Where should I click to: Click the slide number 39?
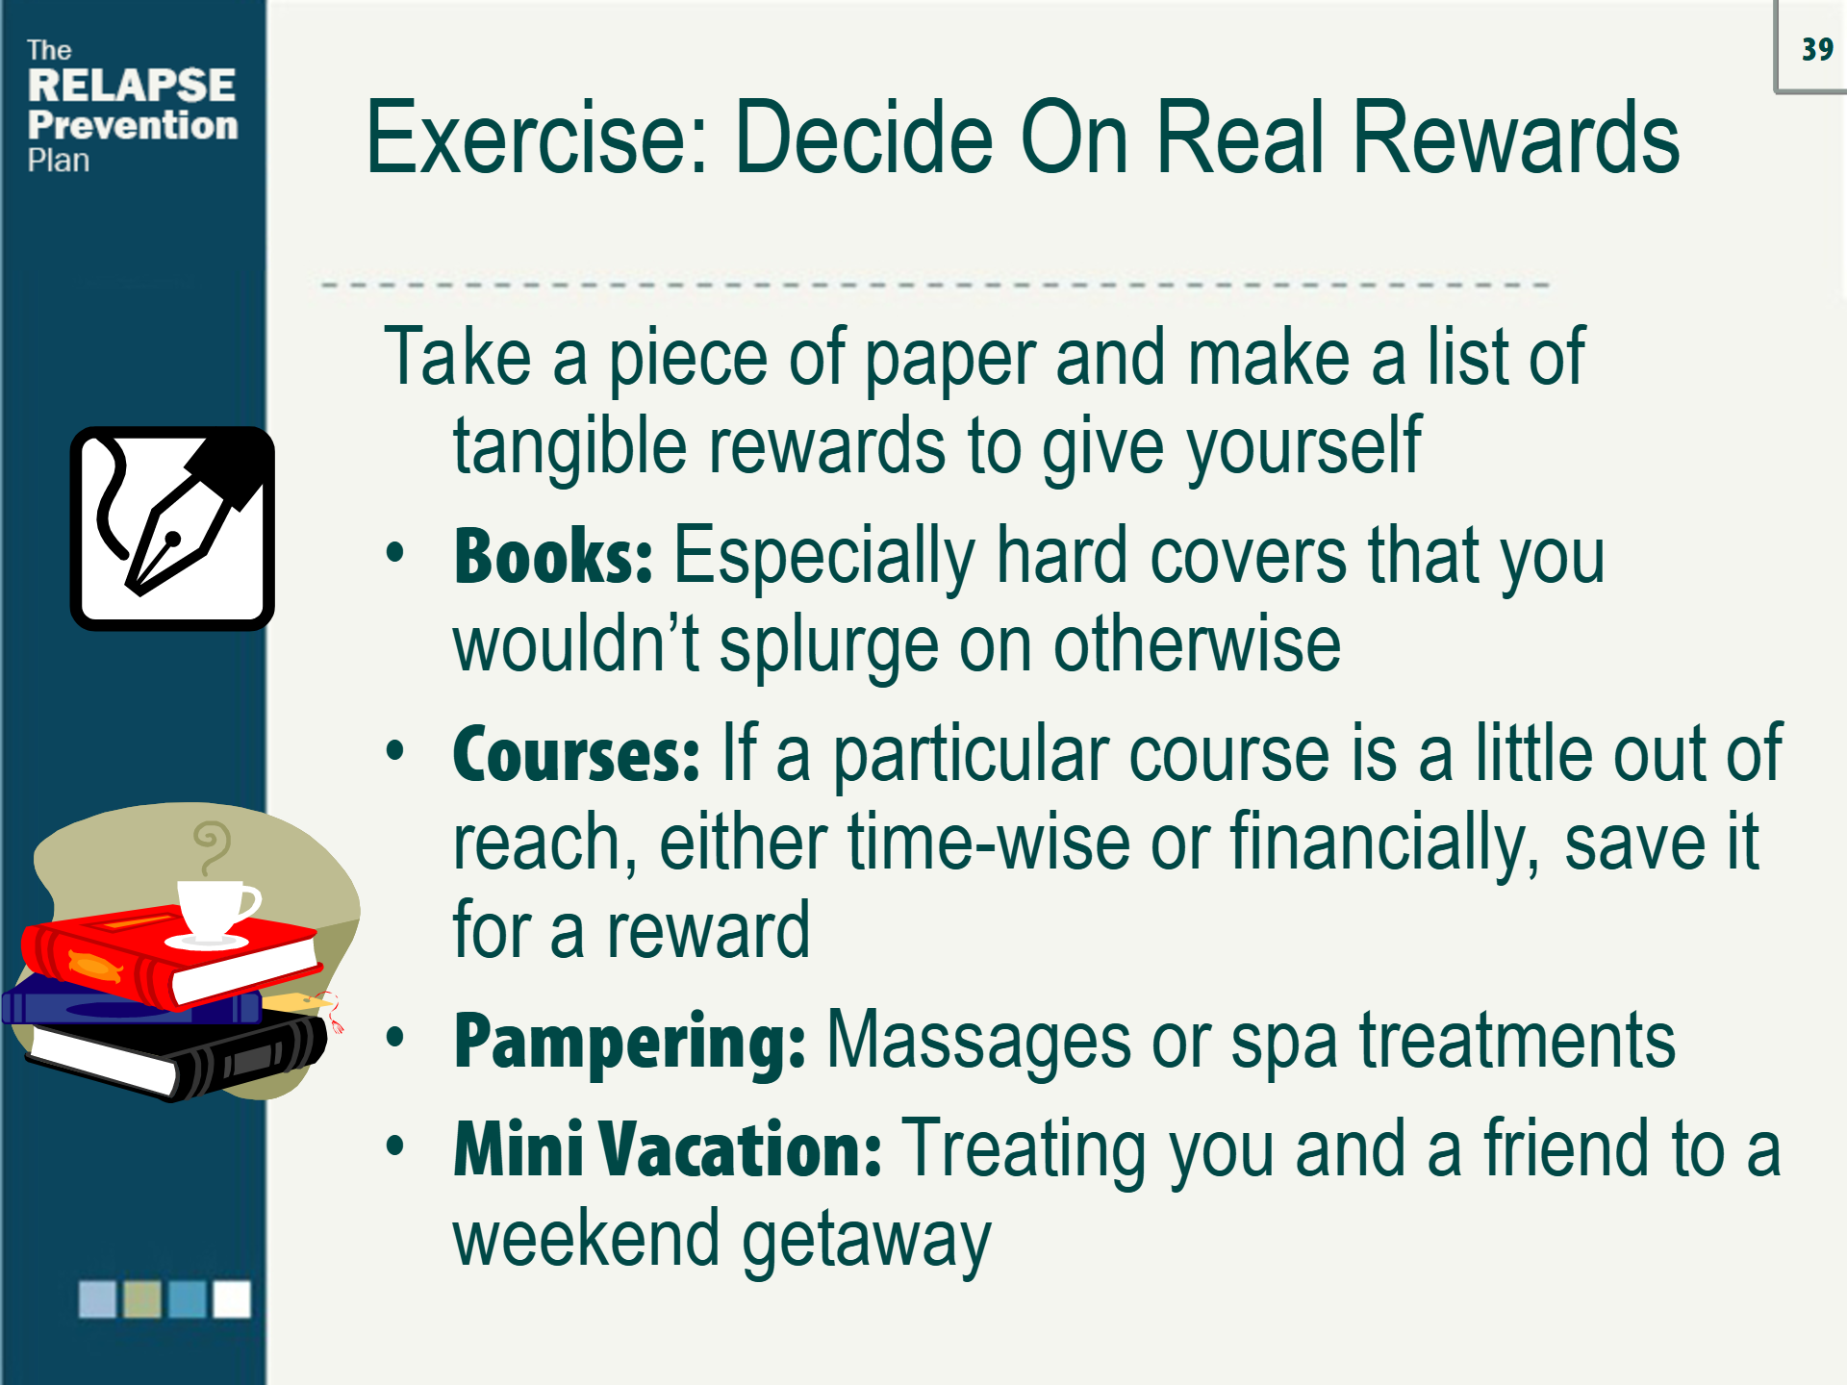[1817, 49]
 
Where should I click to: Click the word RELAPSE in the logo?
[132, 86]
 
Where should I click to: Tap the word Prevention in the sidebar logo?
[133, 125]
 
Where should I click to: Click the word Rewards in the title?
[1515, 138]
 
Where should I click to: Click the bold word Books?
[553, 557]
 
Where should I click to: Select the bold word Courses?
[576, 755]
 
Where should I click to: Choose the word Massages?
[978, 1041]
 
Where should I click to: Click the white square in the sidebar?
[232, 1298]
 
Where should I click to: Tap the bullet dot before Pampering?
[394, 1039]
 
